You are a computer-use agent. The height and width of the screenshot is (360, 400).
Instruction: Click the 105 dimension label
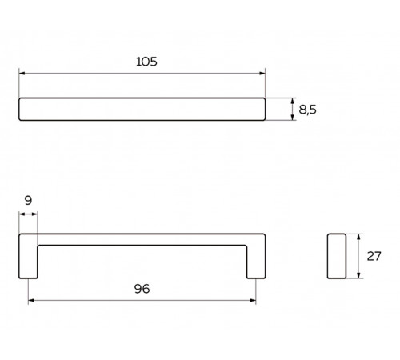146,62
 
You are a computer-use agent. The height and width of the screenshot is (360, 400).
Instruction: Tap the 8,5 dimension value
307,110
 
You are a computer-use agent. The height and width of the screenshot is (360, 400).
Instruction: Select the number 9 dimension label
28,200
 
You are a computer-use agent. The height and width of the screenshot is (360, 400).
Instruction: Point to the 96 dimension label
142,289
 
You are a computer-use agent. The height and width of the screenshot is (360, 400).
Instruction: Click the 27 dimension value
374,256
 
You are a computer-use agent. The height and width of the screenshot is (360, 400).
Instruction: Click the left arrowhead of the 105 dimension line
22,74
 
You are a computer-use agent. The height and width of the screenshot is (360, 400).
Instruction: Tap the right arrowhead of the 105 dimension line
262,74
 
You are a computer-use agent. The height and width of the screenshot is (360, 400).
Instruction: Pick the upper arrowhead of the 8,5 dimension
293,101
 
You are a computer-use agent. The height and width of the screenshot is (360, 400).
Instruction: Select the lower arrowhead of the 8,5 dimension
293,117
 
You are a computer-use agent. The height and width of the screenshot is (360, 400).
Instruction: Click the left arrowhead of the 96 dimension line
31,301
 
